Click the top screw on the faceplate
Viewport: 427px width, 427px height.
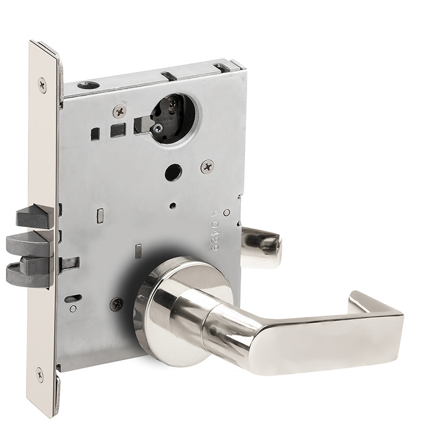click(x=42, y=83)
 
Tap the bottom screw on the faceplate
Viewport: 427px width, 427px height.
click(x=41, y=372)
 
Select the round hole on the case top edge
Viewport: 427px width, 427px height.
click(x=85, y=84)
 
